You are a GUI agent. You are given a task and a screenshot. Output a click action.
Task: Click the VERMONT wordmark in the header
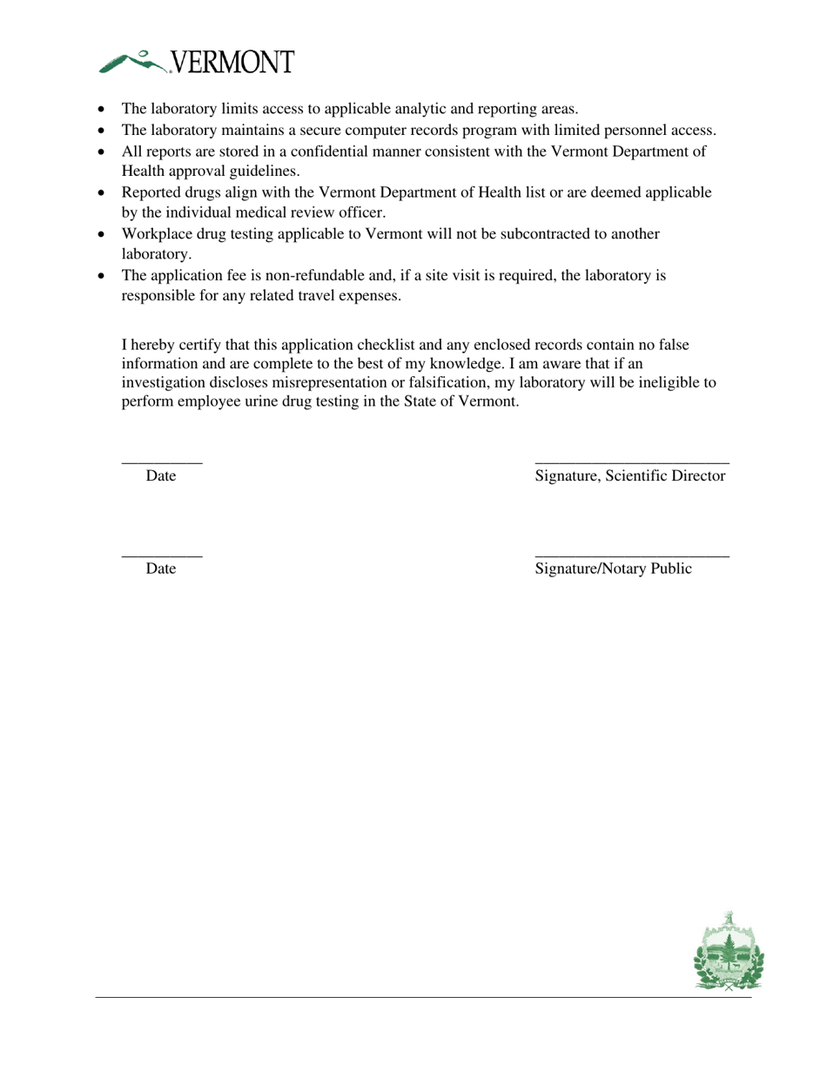(x=232, y=63)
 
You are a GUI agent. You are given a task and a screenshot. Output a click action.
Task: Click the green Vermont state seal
(x=729, y=953)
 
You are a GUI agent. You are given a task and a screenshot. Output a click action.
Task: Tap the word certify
(x=201, y=345)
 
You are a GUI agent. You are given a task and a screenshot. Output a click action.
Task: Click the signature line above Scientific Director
(x=632, y=462)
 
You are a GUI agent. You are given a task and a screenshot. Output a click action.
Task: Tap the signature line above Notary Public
(x=632, y=555)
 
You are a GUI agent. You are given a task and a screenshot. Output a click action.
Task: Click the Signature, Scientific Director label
(x=630, y=476)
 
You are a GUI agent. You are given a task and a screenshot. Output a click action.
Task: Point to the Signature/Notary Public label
(x=614, y=569)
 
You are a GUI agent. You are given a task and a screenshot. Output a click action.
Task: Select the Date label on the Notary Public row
(x=161, y=569)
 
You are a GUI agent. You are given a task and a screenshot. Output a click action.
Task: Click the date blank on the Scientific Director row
(x=162, y=462)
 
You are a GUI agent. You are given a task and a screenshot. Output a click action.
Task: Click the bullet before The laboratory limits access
(x=103, y=110)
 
